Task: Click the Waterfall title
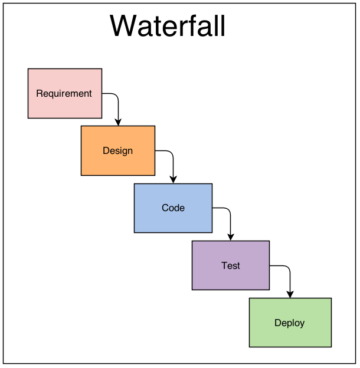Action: pos(168,25)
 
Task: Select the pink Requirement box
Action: pos(65,93)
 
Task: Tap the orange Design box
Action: pos(118,150)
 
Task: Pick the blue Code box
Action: pos(174,208)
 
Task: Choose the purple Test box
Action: pos(231,265)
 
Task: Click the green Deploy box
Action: pos(290,323)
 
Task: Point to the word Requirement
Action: pos(64,94)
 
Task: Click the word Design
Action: pos(118,151)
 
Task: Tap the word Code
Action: pos(174,208)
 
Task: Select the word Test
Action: pos(231,265)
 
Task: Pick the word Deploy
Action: pos(290,323)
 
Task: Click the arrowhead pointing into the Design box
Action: pos(118,122)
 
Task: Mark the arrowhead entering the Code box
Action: pos(174,180)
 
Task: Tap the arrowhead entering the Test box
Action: pos(231,237)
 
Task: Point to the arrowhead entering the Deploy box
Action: pos(290,294)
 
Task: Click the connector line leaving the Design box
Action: pos(173,157)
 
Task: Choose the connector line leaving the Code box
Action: pos(230,215)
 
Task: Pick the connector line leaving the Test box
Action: pos(290,272)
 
